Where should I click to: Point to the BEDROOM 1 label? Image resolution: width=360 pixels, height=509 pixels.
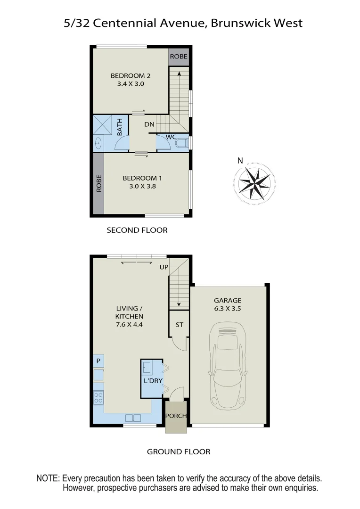[x=142, y=178]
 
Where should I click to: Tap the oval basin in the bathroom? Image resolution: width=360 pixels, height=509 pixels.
[x=98, y=143]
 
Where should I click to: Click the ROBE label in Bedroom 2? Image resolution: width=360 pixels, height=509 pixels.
[x=179, y=57]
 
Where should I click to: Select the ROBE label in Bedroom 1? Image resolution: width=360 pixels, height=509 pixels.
[x=99, y=184]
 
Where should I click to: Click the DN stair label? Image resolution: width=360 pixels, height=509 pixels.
[x=149, y=124]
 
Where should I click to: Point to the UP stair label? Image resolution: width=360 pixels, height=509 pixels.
[x=164, y=267]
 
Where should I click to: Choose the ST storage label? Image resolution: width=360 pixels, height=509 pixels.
[x=179, y=325]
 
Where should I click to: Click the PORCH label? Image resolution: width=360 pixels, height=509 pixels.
[x=176, y=416]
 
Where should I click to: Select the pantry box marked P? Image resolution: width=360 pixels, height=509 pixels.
[x=98, y=361]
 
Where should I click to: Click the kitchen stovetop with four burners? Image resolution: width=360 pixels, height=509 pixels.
[x=98, y=397]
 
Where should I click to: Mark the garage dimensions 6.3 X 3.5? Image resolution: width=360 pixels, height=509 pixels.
[x=228, y=309]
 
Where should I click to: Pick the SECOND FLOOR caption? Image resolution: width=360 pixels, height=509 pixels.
[x=137, y=230]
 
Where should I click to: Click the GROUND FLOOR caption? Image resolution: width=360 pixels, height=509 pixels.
[x=179, y=452]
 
